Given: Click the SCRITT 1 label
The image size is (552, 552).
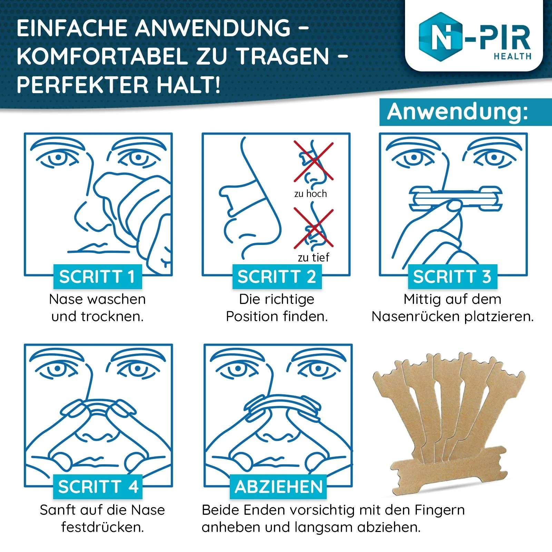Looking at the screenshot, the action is tap(98, 277).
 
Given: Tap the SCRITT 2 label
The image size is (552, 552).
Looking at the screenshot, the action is tap(277, 277).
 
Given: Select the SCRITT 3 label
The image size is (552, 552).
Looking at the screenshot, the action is tap(453, 277).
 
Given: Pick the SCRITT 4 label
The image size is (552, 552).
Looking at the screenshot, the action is tap(98, 487).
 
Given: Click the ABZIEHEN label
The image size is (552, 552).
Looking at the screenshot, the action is tap(278, 487).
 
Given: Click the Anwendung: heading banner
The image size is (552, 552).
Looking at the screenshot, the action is tap(466, 112).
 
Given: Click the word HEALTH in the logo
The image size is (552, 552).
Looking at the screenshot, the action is tap(513, 56).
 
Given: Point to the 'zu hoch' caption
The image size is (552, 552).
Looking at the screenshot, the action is tap(310, 194).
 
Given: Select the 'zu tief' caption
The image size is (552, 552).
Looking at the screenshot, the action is tap(314, 257).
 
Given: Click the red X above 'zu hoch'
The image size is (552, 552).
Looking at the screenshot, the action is tap(314, 161).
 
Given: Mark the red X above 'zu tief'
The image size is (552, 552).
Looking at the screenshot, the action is tap(314, 228).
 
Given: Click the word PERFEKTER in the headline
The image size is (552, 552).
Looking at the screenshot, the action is tap(83, 85).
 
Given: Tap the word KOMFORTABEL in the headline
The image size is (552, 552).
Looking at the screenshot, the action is tap(103, 56).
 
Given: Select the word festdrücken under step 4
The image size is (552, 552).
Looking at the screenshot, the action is tap(102, 527).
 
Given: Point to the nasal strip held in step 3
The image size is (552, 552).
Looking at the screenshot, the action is tap(456, 198).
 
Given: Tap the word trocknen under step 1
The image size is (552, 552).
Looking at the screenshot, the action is tap(112, 316).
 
